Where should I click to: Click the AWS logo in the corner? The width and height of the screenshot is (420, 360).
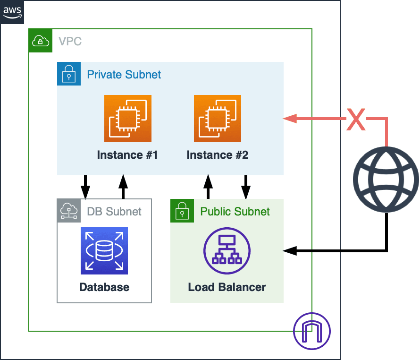pyautogui.click(x=12, y=12)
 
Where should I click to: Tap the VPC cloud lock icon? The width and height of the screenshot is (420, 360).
pyautogui.click(x=41, y=41)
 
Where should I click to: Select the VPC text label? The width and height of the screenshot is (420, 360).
pyautogui.click(x=70, y=41)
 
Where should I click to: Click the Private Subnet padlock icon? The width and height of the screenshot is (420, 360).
pyautogui.click(x=69, y=74)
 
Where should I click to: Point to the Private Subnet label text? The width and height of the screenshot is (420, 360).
pyautogui.click(x=124, y=75)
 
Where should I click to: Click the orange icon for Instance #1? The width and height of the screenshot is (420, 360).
pyautogui.click(x=128, y=118)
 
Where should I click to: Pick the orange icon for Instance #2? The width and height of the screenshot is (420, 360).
pyautogui.click(x=218, y=118)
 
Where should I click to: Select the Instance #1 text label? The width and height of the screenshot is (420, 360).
pyautogui.click(x=127, y=155)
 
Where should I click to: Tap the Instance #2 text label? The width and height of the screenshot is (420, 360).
pyautogui.click(x=218, y=155)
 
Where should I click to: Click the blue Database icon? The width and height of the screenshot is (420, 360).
pyautogui.click(x=104, y=250)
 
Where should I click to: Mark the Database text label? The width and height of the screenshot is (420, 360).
pyautogui.click(x=104, y=287)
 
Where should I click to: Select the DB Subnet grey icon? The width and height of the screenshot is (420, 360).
pyautogui.click(x=69, y=211)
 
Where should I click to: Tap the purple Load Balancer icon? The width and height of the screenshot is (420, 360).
pyautogui.click(x=227, y=250)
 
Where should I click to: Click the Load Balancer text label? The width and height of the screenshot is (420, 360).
pyautogui.click(x=227, y=287)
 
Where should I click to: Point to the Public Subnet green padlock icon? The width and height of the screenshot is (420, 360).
pyautogui.click(x=182, y=211)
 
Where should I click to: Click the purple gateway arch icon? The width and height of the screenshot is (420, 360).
pyautogui.click(x=312, y=331)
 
